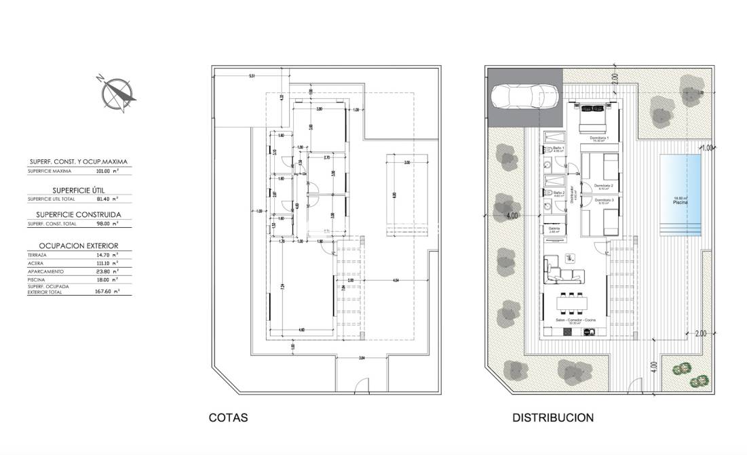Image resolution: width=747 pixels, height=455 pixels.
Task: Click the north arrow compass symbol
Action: pyautogui.click(x=117, y=93)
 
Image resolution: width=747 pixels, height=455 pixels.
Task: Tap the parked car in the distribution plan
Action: pyautogui.click(x=524, y=97)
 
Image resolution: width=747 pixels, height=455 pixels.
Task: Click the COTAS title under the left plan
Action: pyautogui.click(x=228, y=418)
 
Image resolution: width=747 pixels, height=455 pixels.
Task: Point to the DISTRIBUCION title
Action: pyautogui.click(x=552, y=418)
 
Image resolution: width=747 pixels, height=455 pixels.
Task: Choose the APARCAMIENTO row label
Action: pyautogui.click(x=45, y=270)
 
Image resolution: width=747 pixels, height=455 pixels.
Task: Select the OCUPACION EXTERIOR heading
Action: pyautogui.click(x=78, y=245)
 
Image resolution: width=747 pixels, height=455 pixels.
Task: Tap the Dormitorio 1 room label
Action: pyautogui.click(x=599, y=138)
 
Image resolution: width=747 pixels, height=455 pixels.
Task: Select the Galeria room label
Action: pyautogui.click(x=554, y=229)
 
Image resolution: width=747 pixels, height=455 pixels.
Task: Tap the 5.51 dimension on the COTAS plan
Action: pyautogui.click(x=251, y=76)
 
